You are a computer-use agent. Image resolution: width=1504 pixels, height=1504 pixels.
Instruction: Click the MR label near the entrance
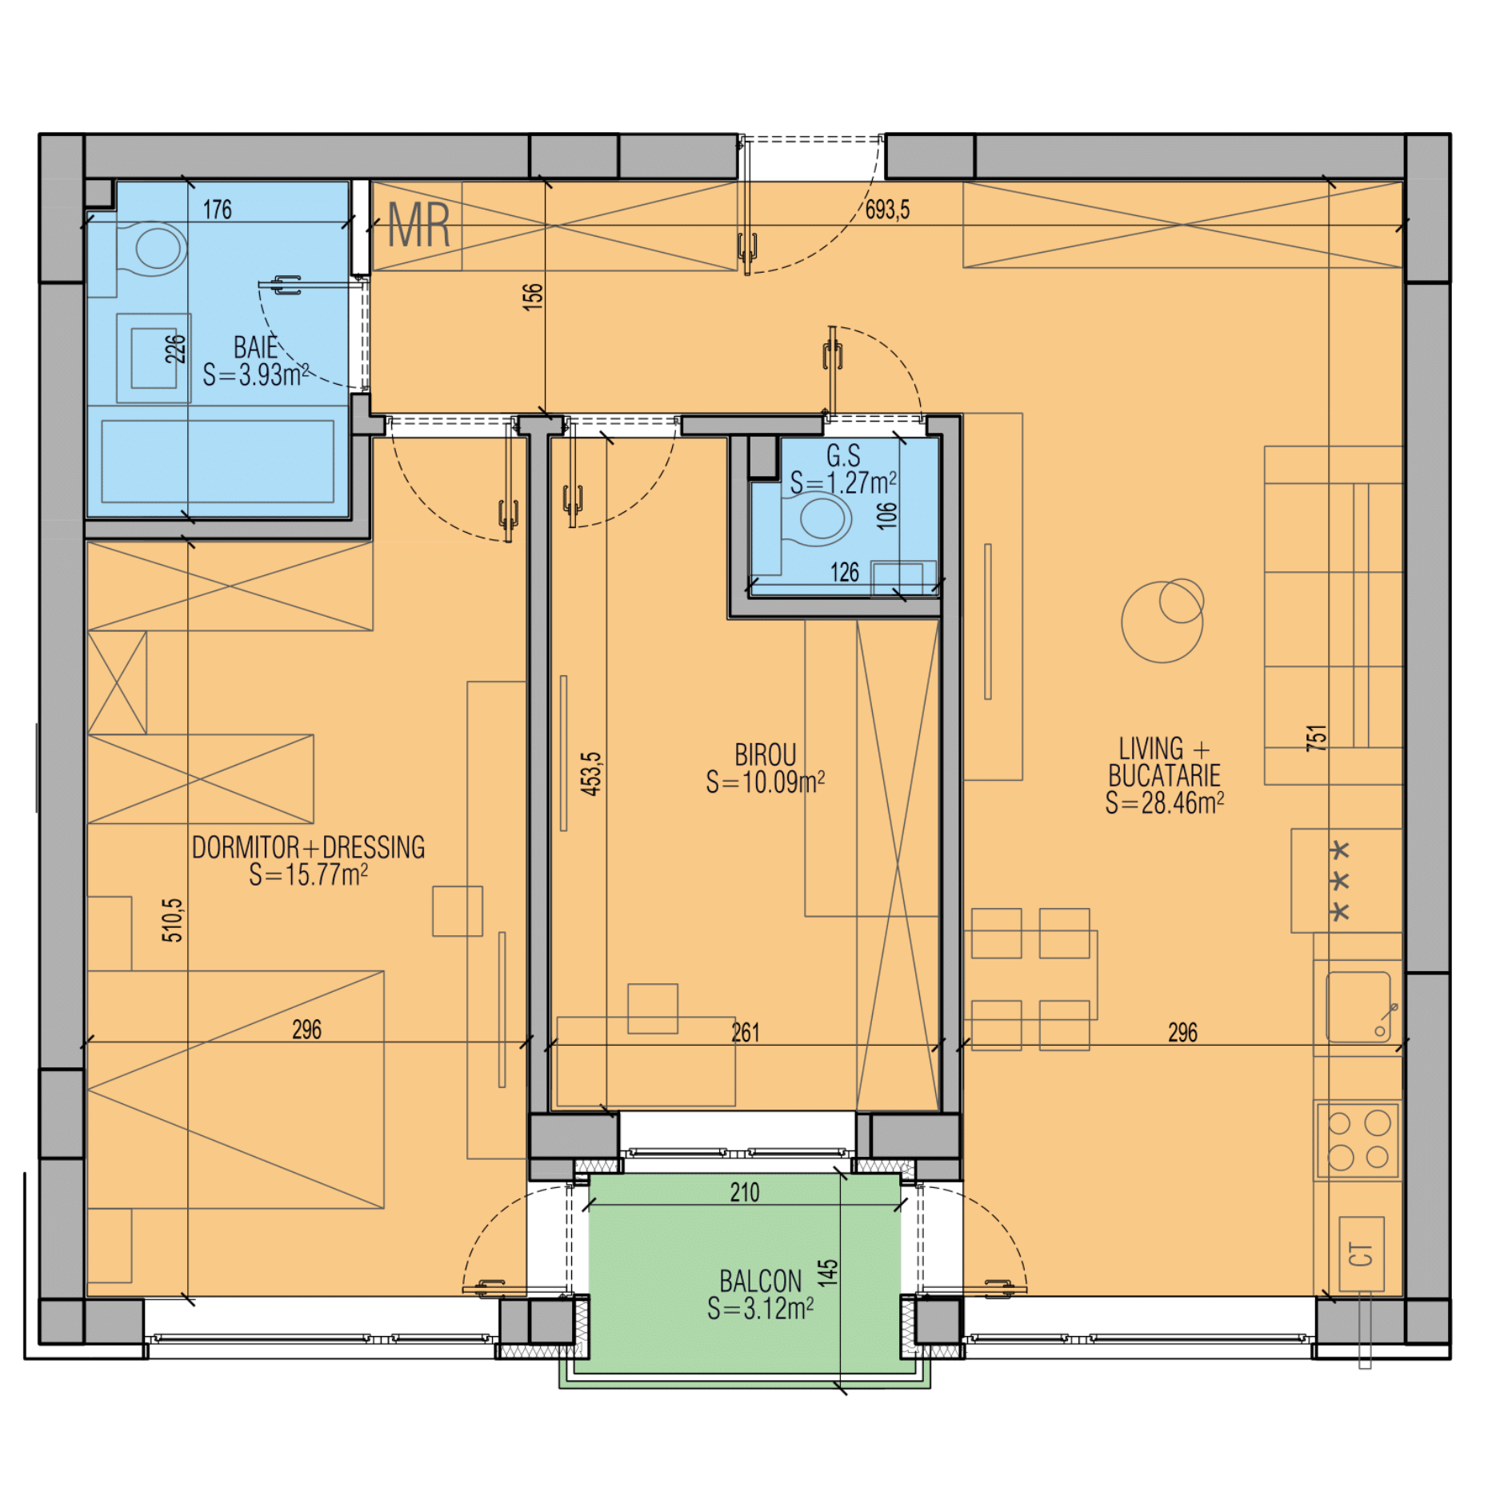coord(418,225)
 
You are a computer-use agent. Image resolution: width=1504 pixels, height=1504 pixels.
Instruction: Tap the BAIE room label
coord(255,348)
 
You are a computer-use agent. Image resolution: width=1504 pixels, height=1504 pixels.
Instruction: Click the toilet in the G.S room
coord(816,518)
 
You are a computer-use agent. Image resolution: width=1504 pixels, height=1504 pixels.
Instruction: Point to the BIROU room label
coord(765,755)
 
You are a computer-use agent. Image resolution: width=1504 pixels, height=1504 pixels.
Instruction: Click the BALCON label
coord(760,1281)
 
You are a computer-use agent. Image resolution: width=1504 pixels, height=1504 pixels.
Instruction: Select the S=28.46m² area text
coord(1164,802)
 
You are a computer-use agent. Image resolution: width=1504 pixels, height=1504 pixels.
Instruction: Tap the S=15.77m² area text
coord(308,874)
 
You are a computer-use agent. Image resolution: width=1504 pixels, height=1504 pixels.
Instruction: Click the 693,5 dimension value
coord(887,210)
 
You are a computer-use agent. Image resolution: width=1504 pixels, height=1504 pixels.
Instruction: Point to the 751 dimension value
coord(1316,737)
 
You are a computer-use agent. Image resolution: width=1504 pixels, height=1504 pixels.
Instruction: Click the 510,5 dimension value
coord(172,920)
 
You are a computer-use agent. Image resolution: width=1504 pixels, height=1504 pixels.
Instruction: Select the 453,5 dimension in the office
coord(590,774)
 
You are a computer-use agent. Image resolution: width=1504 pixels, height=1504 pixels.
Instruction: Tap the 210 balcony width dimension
coord(744,1193)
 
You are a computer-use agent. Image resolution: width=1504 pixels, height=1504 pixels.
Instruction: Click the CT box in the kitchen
coord(1361,1254)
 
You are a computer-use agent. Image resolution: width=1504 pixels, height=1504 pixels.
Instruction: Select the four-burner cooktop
coord(1358,1139)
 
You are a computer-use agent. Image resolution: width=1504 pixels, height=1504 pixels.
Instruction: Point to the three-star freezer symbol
coord(1339,880)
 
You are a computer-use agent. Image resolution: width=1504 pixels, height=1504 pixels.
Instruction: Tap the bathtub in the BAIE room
coord(218,462)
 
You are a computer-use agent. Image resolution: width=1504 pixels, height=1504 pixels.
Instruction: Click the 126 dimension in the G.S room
coord(844,572)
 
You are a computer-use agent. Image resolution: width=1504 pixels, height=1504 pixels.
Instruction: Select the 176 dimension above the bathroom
coord(217,210)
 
